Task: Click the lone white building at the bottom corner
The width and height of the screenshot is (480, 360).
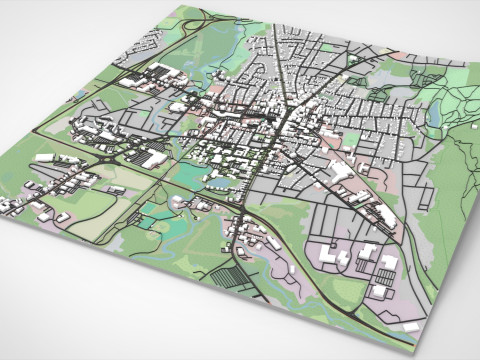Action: point(411,326)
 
